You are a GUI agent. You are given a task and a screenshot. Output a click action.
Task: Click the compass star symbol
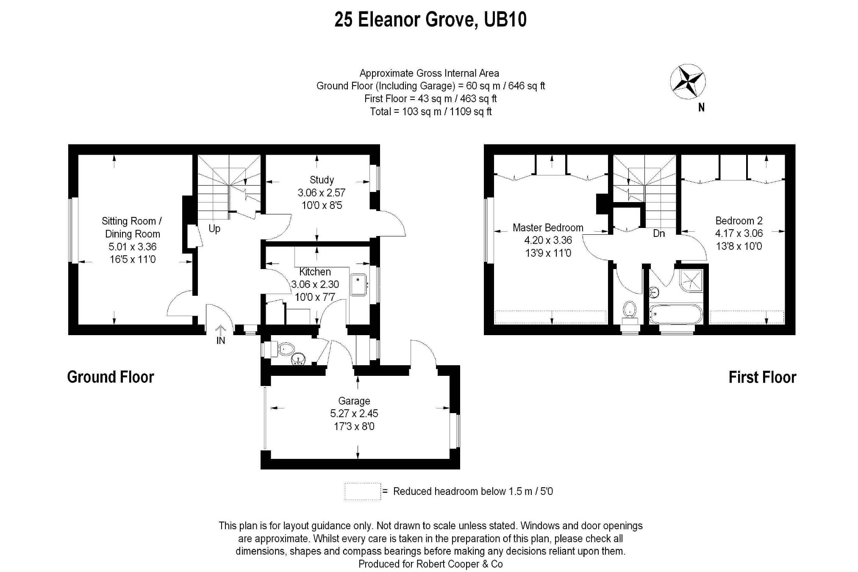click(x=688, y=82)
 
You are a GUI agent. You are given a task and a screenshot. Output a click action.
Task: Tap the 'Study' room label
click(x=322, y=180)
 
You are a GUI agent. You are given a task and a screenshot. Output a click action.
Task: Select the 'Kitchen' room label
click(x=315, y=272)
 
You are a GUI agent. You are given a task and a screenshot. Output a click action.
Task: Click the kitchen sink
click(x=358, y=285)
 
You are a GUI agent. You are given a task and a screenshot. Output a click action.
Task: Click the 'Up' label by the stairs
click(x=214, y=229)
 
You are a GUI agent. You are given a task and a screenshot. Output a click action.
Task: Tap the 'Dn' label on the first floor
click(x=659, y=233)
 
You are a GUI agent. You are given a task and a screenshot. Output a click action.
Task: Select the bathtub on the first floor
click(x=676, y=314)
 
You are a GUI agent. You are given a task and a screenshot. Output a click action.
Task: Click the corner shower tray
click(x=691, y=280)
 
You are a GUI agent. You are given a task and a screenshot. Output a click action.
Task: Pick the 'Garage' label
click(x=354, y=401)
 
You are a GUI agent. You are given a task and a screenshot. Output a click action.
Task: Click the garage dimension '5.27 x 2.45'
click(x=354, y=414)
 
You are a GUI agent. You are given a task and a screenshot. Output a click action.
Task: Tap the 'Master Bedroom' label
click(x=548, y=228)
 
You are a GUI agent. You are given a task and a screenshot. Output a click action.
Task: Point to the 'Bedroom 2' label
click(x=739, y=221)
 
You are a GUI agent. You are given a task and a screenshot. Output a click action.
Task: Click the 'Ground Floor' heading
click(x=111, y=377)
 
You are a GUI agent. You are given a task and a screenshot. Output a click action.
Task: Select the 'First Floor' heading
click(x=762, y=377)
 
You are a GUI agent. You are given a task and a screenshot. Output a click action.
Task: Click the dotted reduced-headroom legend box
click(x=363, y=491)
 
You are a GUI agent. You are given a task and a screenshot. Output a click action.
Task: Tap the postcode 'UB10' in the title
click(x=505, y=19)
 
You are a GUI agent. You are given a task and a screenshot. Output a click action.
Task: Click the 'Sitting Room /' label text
click(x=132, y=221)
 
